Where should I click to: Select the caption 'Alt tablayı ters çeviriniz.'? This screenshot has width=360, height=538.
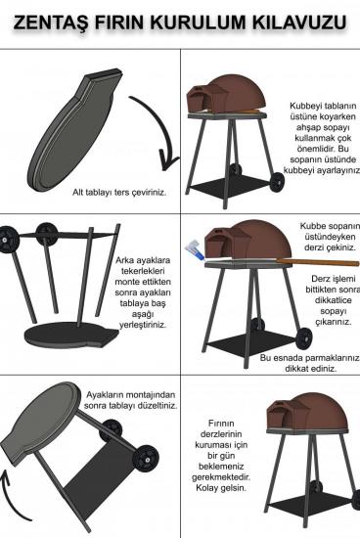point(119,192)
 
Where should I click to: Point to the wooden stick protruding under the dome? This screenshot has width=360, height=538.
point(317,263)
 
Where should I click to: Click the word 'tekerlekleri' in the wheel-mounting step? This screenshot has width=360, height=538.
point(143,271)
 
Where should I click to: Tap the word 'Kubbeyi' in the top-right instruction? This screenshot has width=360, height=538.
point(303,106)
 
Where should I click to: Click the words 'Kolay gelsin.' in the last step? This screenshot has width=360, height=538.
point(221,488)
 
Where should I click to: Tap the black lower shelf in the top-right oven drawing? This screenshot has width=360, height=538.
point(231,187)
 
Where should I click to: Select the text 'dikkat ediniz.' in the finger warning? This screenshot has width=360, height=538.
point(311,369)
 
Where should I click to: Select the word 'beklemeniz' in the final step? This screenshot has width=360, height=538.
point(221,467)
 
